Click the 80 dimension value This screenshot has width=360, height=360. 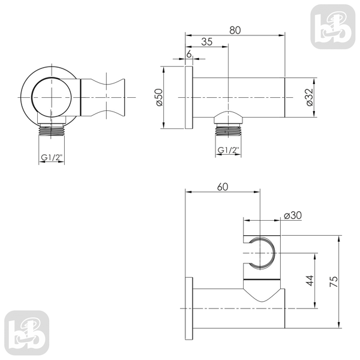(235, 30)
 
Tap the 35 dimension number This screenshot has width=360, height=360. (206, 42)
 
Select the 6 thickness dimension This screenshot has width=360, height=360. (189, 54)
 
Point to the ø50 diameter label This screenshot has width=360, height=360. (159, 97)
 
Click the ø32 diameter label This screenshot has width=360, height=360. (310, 97)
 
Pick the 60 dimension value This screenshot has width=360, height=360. (223, 187)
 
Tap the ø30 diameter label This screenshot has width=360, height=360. (293, 215)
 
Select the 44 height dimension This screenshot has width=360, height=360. (310, 281)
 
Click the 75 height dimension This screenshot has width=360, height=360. (334, 281)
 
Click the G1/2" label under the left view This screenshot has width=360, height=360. (52, 157)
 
